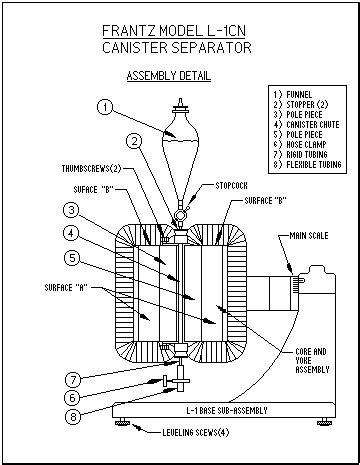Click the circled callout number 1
click(x=105, y=107)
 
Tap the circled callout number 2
click(x=134, y=142)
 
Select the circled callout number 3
click(x=71, y=210)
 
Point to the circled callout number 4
click(x=71, y=233)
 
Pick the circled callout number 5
click(x=72, y=258)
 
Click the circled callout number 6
click(x=73, y=398)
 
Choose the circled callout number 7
click(x=73, y=379)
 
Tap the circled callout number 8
click(x=73, y=416)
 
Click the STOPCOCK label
click(x=231, y=186)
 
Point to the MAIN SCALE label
click(x=309, y=236)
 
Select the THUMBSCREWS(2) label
click(x=91, y=169)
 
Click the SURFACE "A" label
click(x=66, y=287)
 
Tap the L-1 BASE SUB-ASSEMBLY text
click(x=227, y=410)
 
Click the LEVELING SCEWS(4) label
click(x=196, y=433)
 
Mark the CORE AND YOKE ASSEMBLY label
click(x=312, y=360)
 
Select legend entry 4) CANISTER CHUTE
click(x=306, y=125)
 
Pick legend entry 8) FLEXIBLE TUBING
click(x=307, y=164)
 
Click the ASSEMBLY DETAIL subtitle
click(x=169, y=76)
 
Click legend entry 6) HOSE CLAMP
click(x=300, y=144)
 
